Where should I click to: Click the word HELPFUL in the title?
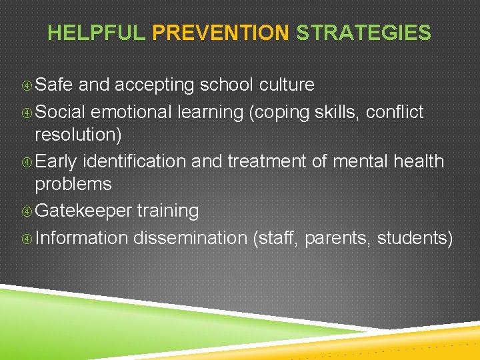point(96,33)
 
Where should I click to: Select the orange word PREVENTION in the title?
point(221,33)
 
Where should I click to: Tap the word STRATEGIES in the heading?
point(363,33)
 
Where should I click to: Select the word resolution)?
point(77,135)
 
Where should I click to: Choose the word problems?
point(73,184)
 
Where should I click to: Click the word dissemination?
point(190,238)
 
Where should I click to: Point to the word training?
point(168,211)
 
